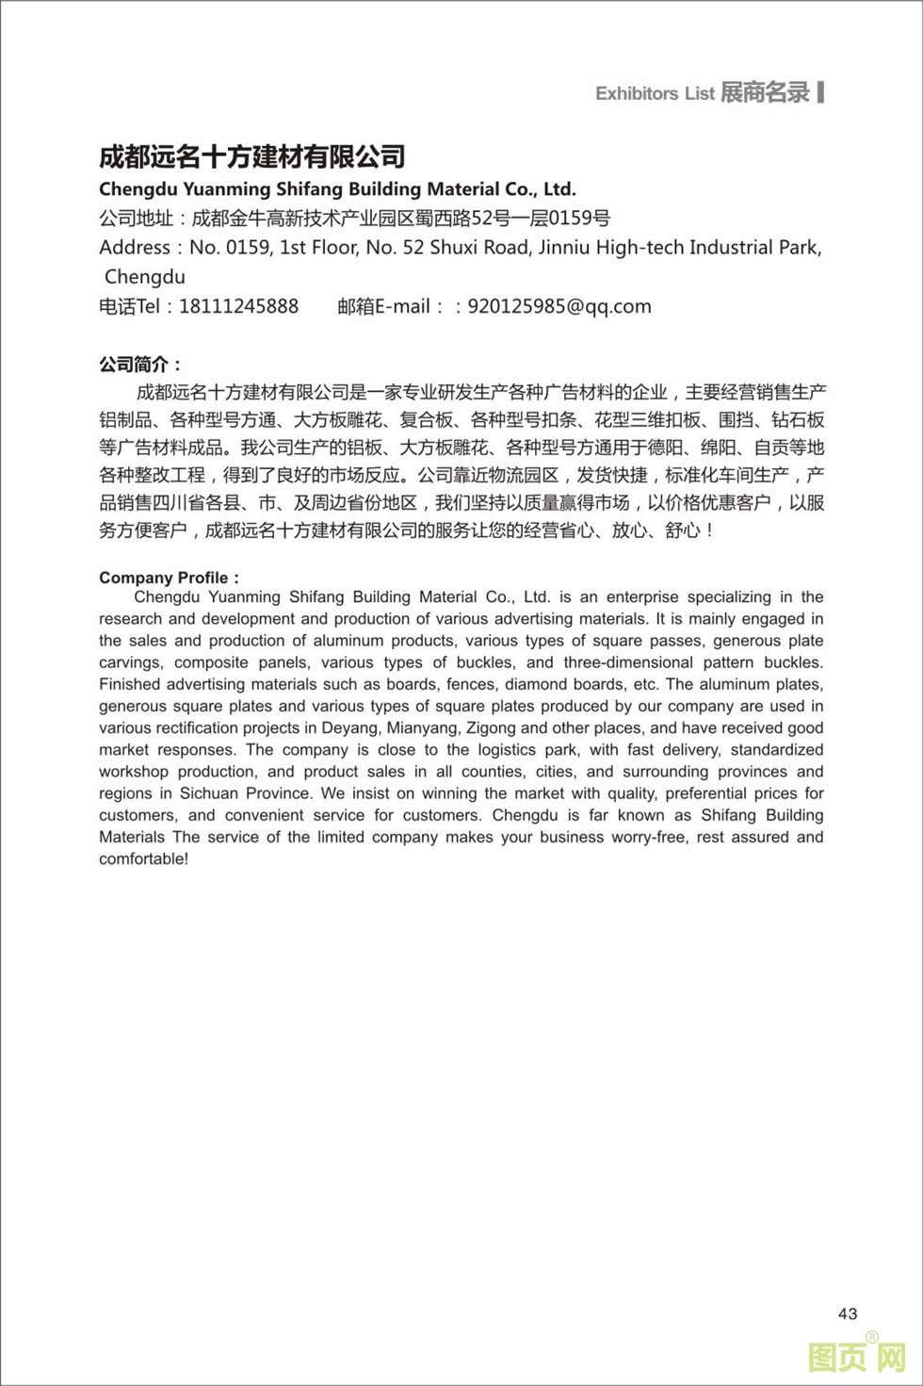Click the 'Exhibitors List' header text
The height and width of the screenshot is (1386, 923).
pos(655,93)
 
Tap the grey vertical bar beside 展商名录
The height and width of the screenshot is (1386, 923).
pos(821,91)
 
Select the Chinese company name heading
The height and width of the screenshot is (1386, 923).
pos(252,156)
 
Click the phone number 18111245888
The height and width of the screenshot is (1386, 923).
pos(238,306)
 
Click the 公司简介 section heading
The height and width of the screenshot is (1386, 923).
pos(140,365)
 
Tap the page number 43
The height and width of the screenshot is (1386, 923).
pos(848,1313)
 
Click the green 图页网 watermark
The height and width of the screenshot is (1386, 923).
pos(857,1357)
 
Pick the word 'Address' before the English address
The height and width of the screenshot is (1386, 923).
pos(135,248)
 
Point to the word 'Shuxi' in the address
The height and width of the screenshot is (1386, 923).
pos(457,248)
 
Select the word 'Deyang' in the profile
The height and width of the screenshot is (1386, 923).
pos(348,727)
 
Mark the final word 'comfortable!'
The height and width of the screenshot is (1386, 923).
pos(144,858)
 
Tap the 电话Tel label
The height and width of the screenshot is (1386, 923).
pos(130,306)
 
